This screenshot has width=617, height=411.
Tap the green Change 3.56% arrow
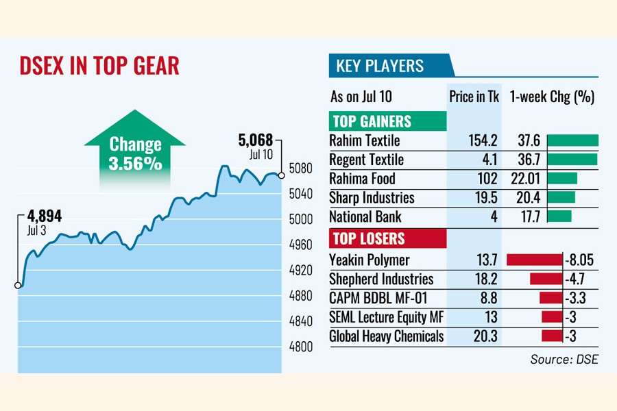[x=135, y=152]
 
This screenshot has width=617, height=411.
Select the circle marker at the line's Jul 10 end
[x=282, y=175]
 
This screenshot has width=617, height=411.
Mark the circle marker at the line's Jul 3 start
[x=18, y=286]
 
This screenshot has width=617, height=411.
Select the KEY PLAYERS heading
[x=380, y=66]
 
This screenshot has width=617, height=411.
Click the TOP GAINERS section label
[x=372, y=122]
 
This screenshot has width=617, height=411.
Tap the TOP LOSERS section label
[x=368, y=239]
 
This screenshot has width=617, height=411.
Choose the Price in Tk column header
[x=474, y=97]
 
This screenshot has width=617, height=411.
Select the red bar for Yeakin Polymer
[x=534, y=260]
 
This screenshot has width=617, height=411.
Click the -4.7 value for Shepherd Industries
[x=574, y=279]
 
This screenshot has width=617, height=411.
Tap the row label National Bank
[x=365, y=216]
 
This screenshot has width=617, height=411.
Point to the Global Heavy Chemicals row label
[x=387, y=336]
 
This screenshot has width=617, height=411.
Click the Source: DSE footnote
[x=564, y=359]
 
